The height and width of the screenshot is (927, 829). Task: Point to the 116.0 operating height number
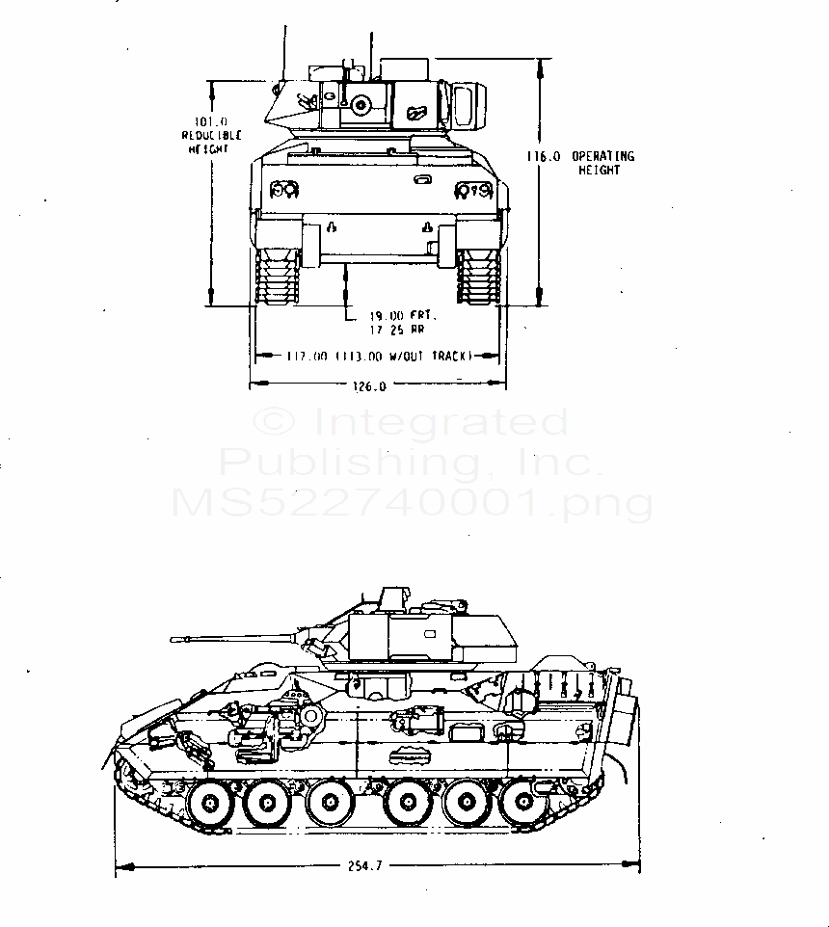point(547,156)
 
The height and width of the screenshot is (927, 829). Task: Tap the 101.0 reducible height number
point(210,121)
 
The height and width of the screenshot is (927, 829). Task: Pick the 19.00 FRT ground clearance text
point(403,315)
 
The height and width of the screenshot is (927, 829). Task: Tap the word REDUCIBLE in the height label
point(211,135)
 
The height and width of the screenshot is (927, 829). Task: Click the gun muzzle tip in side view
point(174,639)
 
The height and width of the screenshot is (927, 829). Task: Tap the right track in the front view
point(478,278)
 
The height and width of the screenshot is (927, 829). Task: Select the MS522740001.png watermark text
point(412,503)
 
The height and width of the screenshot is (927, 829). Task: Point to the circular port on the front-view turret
point(362,104)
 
